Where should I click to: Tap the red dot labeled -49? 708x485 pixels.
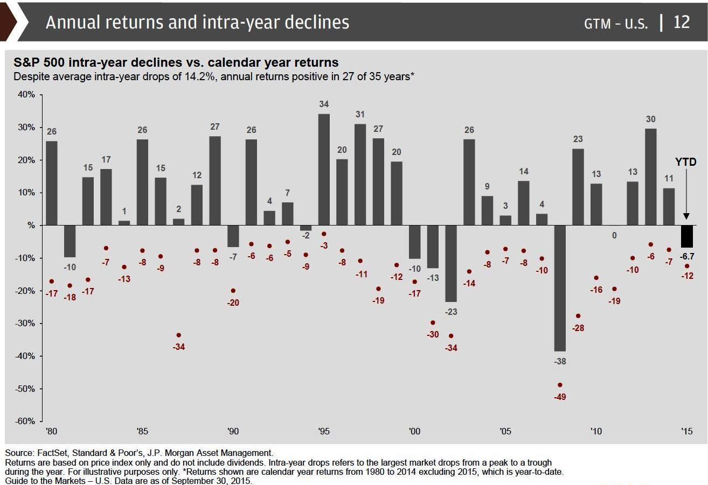click(x=560, y=385)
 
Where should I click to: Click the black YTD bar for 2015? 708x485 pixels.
click(x=686, y=236)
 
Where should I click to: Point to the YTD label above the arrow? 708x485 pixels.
click(x=686, y=162)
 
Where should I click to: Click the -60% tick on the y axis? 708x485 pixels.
click(x=26, y=421)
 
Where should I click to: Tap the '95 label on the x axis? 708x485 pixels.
click(x=324, y=431)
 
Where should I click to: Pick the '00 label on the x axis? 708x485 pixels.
click(x=414, y=431)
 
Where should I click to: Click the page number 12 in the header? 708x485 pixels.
click(x=682, y=23)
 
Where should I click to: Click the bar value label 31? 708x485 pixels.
click(x=360, y=114)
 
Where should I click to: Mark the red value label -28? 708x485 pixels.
click(x=578, y=328)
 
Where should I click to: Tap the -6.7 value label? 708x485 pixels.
click(x=686, y=256)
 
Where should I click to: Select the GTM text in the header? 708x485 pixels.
click(x=598, y=24)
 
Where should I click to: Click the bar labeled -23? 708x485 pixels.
click(x=451, y=263)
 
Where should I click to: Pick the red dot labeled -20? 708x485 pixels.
click(x=233, y=291)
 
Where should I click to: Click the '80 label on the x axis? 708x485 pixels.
click(x=52, y=431)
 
